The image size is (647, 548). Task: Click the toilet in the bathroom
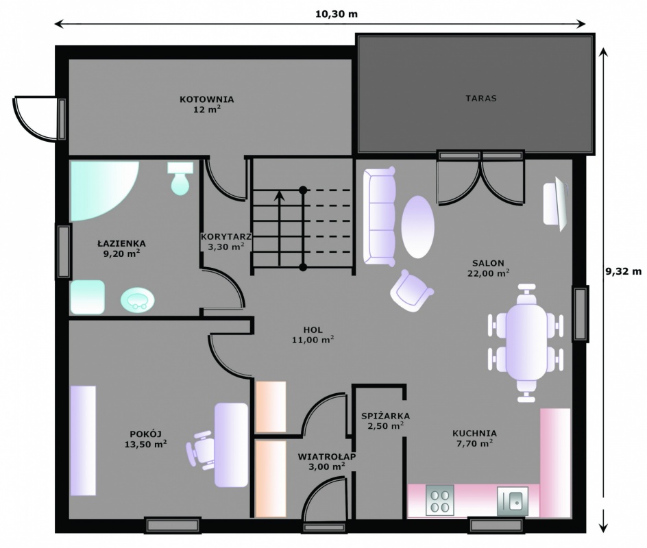(180, 179)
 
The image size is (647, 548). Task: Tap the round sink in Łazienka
(138, 299)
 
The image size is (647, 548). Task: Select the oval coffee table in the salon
(417, 227)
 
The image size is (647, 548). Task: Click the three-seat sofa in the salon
(379, 216)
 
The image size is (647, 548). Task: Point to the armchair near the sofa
(411, 290)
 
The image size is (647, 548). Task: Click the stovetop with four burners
(440, 500)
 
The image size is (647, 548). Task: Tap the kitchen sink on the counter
(513, 501)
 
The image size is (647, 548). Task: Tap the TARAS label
(481, 98)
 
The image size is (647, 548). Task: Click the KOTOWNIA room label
(207, 99)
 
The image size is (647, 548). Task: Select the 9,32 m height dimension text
(624, 271)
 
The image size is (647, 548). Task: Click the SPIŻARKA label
(385, 416)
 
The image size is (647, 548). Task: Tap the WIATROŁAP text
(327, 457)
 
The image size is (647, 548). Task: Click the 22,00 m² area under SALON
(488, 273)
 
